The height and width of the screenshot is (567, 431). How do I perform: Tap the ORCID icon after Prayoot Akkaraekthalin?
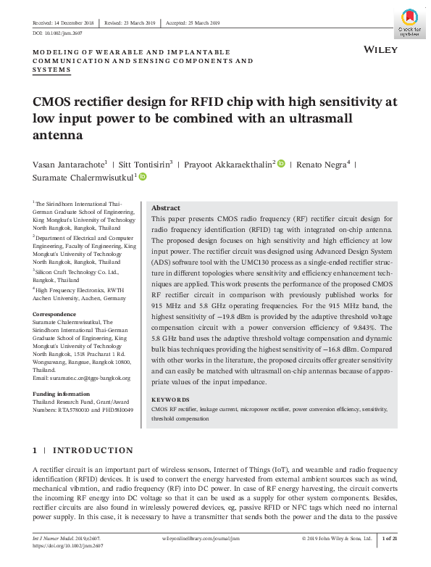coord(281,165)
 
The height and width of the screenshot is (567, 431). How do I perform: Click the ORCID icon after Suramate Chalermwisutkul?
coord(143,176)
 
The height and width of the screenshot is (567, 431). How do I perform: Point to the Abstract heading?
coord(165,207)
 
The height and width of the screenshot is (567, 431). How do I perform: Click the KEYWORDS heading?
coord(170,400)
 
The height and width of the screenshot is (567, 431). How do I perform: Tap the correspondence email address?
coord(81,378)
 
